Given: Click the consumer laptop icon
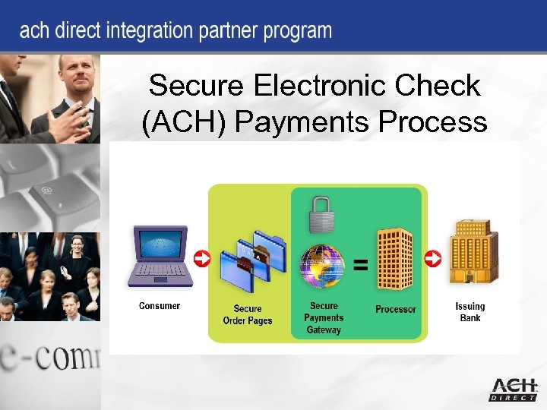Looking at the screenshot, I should click(x=160, y=255).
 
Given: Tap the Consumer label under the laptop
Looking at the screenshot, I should click(x=160, y=306).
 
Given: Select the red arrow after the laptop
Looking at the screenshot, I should click(x=202, y=259).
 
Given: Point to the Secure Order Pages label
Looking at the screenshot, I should click(x=248, y=314).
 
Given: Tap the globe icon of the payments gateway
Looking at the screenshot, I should click(x=323, y=265).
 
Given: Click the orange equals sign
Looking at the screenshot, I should click(x=362, y=265).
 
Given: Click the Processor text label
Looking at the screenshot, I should click(x=396, y=309).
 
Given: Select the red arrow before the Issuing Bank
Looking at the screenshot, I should click(x=432, y=259).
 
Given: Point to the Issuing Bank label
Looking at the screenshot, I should click(x=470, y=312).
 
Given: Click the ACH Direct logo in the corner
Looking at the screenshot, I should click(x=513, y=388).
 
